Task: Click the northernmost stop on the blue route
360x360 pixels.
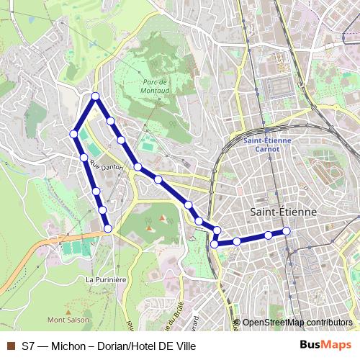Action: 95,96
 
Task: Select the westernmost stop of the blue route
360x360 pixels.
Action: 73,133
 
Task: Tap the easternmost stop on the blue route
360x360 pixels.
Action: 286,230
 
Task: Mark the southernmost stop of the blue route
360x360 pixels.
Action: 214,245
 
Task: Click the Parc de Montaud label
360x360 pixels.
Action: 155,86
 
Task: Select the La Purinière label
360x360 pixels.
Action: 106,279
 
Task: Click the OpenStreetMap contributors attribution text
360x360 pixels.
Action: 297,323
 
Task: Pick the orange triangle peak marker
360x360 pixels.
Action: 162,217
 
